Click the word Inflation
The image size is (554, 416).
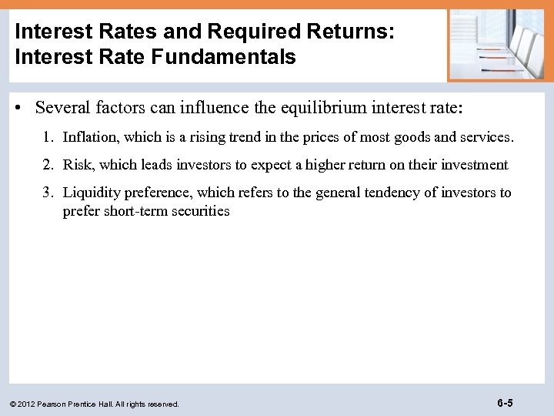click(90, 137)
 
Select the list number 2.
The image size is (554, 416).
click(48, 165)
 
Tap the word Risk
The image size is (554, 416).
click(76, 165)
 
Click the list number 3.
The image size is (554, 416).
click(48, 193)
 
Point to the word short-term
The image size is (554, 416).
click(136, 210)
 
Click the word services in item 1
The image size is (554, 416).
click(486, 137)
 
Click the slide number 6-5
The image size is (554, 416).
click(506, 402)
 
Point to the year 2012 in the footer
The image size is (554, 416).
click(28, 404)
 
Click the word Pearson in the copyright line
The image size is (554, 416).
click(57, 404)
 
